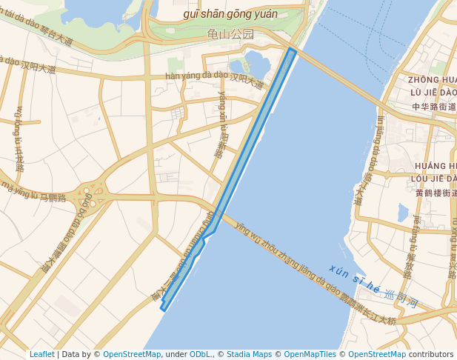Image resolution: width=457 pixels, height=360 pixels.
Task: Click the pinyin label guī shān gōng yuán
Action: click(x=230, y=14)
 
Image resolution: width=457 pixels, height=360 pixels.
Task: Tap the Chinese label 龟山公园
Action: click(x=230, y=34)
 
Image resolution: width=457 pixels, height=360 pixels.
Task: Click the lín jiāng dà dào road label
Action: click(x=370, y=159)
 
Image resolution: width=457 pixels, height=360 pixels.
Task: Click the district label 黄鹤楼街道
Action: click(x=436, y=193)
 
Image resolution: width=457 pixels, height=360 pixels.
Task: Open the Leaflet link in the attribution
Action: click(x=42, y=354)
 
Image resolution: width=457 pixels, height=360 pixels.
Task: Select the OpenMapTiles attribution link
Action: click(x=310, y=354)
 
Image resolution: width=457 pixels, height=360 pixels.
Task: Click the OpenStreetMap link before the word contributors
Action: click(x=377, y=354)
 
